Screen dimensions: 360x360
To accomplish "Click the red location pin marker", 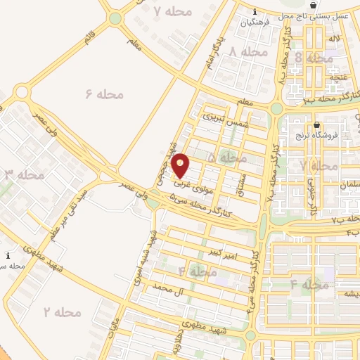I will pos(181,165).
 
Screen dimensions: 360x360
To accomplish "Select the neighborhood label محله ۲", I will pos(63,311).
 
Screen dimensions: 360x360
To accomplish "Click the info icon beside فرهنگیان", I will pos(255,11).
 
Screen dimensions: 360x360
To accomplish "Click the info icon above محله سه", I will pos(8,255).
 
